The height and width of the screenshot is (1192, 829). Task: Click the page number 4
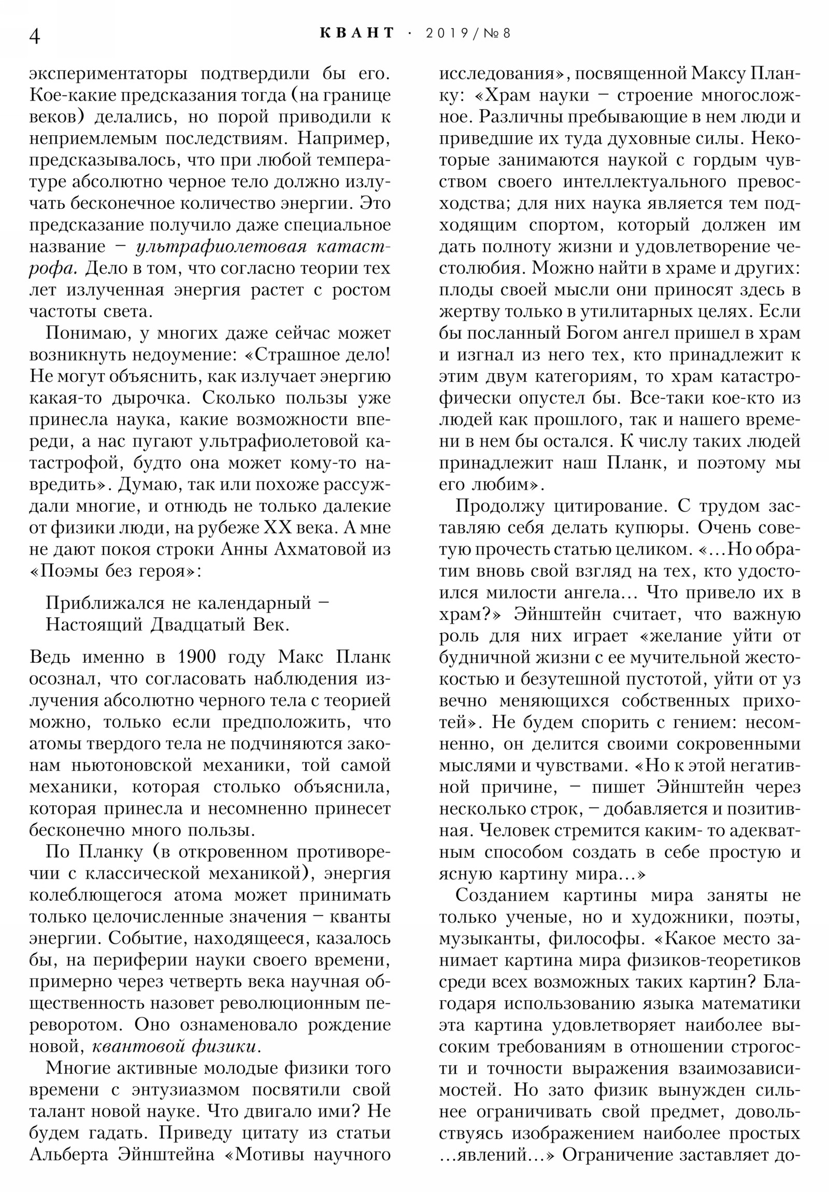pyautogui.click(x=35, y=36)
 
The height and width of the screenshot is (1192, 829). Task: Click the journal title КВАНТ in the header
pyautogui.click(x=358, y=33)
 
